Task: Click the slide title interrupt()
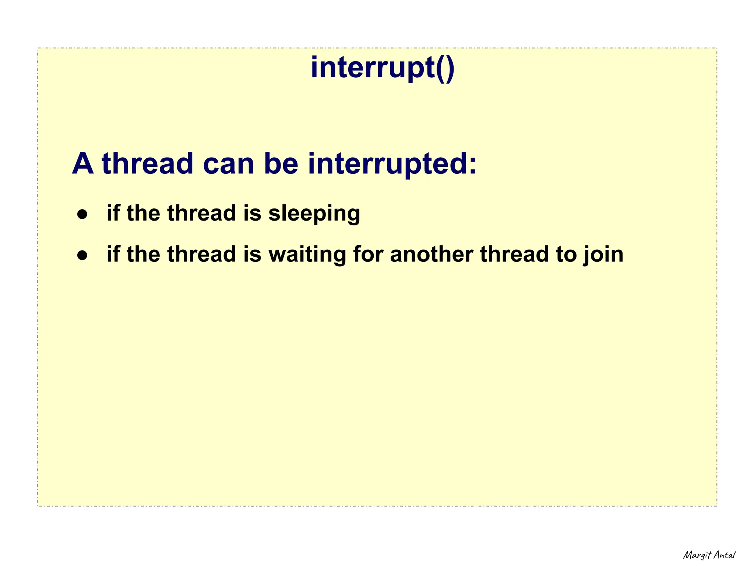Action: click(383, 68)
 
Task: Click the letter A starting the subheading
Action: click(82, 164)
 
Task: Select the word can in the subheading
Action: click(228, 164)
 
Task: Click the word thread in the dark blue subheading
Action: click(147, 164)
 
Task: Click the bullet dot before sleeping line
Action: click(82, 215)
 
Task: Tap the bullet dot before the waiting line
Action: click(82, 255)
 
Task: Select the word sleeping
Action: click(314, 214)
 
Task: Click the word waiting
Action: click(307, 255)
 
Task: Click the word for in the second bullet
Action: click(368, 254)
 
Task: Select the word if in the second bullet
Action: click(113, 254)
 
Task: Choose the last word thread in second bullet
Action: click(514, 254)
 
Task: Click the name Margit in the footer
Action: click(697, 555)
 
